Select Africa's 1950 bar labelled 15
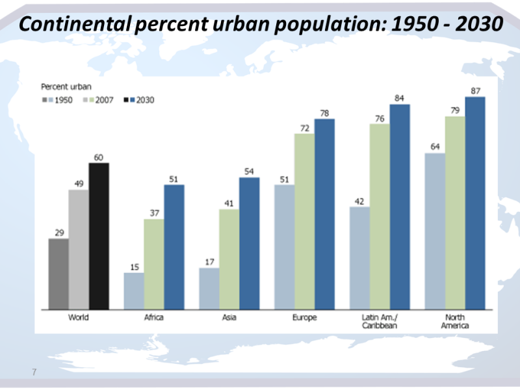click(x=134, y=291)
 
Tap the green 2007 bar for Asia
click(x=229, y=259)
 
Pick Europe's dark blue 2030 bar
click(x=324, y=214)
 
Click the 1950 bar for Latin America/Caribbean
click(x=359, y=258)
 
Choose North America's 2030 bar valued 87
click(x=475, y=203)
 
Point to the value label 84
click(x=400, y=98)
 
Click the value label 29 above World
click(x=58, y=232)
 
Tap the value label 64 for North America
click(x=435, y=147)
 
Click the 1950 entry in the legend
click(x=59, y=100)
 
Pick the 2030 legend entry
click(x=141, y=100)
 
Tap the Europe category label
click(x=304, y=318)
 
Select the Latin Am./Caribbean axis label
click(x=380, y=322)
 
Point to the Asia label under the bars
click(x=229, y=318)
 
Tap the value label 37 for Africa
click(x=154, y=213)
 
